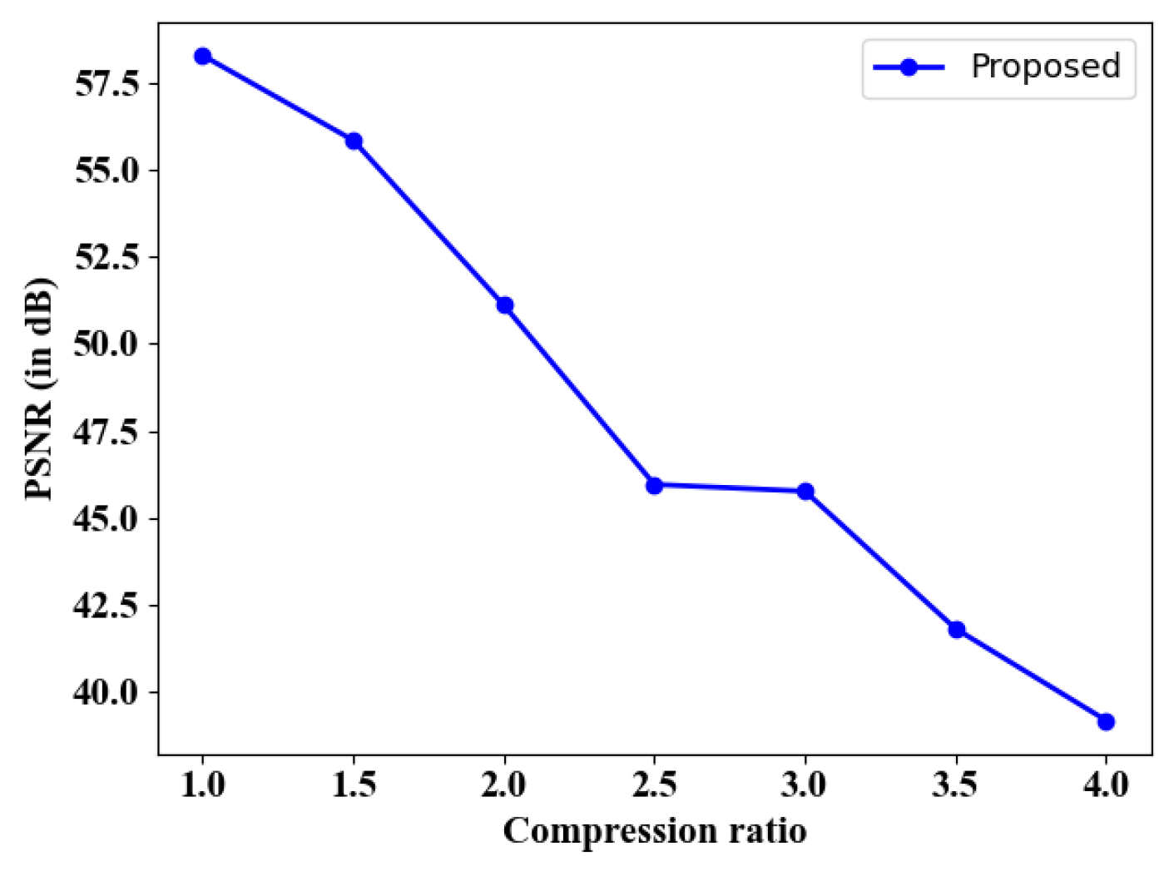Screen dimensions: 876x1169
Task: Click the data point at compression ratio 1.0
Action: pos(202,57)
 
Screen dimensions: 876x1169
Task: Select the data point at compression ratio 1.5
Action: pos(354,141)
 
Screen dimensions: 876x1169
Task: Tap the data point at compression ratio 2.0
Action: pos(504,305)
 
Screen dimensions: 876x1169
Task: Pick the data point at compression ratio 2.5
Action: pos(654,485)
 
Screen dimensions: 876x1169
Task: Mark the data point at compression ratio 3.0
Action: pos(805,492)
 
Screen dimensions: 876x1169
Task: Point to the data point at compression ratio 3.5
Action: pos(956,630)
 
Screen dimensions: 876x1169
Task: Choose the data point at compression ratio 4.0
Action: pos(1106,721)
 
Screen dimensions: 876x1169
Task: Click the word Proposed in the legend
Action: pos(1046,67)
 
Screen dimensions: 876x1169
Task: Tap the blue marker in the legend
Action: pos(909,67)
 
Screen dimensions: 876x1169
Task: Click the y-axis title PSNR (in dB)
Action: pos(39,389)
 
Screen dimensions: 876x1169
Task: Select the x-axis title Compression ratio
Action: pos(655,831)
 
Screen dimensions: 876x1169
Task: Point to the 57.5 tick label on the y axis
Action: pos(106,84)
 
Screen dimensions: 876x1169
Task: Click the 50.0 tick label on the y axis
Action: pos(106,344)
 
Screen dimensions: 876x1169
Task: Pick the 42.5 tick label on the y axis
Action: pos(106,605)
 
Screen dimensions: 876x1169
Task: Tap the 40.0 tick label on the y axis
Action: pos(106,691)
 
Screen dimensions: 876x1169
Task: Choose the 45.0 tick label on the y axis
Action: pos(106,518)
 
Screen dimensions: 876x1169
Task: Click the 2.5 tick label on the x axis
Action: pos(654,784)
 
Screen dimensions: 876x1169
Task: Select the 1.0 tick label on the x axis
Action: pos(202,784)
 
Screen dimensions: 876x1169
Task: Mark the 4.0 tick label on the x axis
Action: pos(1106,784)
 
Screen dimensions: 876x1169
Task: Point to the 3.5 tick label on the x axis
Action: pos(956,784)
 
